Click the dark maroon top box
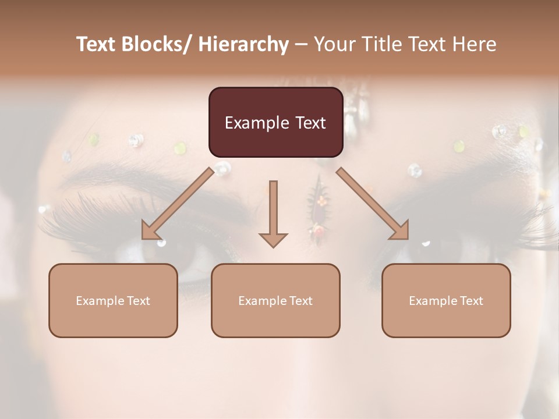pyautogui.click(x=275, y=122)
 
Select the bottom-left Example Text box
pyautogui.click(x=113, y=300)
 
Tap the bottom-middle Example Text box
pyautogui.click(x=275, y=300)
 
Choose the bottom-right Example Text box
pyautogui.click(x=446, y=300)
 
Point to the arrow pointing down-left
pyautogui.click(x=178, y=204)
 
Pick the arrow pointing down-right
pyautogui.click(x=373, y=204)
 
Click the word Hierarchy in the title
pyautogui.click(x=243, y=44)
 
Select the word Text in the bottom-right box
pyautogui.click(x=471, y=301)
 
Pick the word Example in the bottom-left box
pyautogui.click(x=100, y=301)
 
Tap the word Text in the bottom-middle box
pyautogui.click(x=300, y=301)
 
